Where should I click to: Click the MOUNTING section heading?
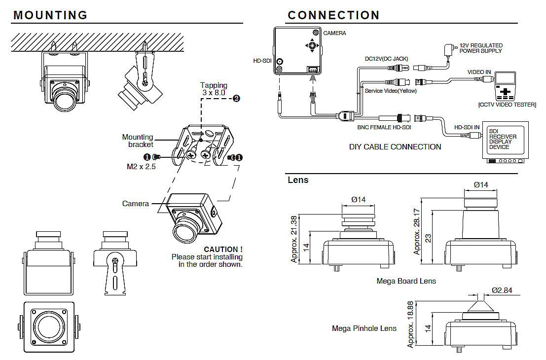coord(50,15)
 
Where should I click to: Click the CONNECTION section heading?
coord(334,15)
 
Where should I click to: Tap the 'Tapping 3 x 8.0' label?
coord(214,89)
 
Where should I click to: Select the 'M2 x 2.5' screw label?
coord(142,167)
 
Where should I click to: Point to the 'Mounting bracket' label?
coord(138,141)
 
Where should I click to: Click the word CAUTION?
coord(223,250)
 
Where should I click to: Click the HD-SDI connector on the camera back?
coord(280,62)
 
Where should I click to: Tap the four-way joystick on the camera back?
coord(312,46)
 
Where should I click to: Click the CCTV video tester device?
coord(505,87)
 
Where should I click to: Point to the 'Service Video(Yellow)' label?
coord(390,91)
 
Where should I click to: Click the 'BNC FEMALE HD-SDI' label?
coord(384,127)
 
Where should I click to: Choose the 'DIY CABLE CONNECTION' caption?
coord(395,146)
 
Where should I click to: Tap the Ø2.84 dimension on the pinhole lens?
coord(502,290)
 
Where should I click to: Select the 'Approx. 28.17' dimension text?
coord(417,231)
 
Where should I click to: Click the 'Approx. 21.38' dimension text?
coord(294,239)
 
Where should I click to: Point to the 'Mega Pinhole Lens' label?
coord(364,328)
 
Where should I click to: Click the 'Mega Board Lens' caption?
coord(406,281)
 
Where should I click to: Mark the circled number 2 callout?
coord(236,98)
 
